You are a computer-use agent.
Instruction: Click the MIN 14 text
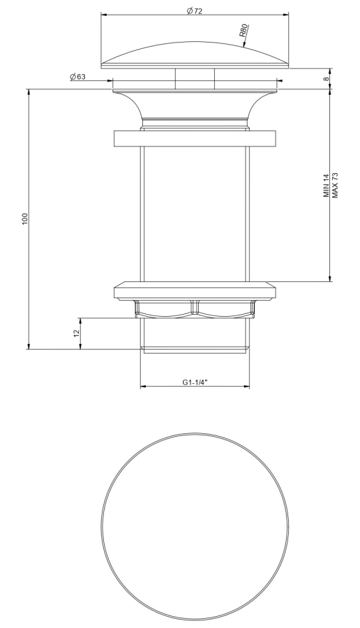point(327,186)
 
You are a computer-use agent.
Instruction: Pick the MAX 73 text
point(335,186)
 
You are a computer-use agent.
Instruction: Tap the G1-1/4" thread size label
point(195,382)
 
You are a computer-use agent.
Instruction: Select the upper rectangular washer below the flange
point(195,137)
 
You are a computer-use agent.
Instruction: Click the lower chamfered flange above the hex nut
point(195,289)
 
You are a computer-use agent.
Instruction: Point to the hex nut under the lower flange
point(195,307)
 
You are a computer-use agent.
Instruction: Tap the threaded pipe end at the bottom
point(195,335)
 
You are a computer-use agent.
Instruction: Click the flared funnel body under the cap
point(195,105)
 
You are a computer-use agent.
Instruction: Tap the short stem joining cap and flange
point(195,77)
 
